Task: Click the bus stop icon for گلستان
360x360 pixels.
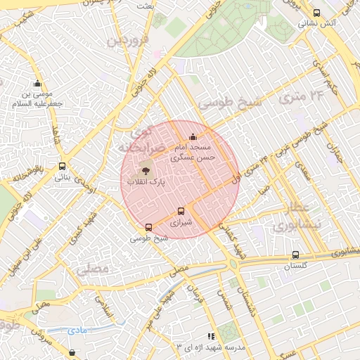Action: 295,255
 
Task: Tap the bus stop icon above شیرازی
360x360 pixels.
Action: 181,211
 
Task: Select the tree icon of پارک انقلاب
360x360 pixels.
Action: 146,170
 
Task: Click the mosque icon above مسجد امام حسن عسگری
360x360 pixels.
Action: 193,136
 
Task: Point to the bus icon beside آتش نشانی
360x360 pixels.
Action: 316,13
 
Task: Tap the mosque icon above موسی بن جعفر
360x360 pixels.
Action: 37,84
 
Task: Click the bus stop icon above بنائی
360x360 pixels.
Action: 63,167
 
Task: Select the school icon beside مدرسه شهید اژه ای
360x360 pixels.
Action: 211,337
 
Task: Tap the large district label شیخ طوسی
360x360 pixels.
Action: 229,102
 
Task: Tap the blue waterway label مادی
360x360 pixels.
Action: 77,329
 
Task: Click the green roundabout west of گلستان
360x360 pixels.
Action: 233,264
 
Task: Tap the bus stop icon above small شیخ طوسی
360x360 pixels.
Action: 148,227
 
